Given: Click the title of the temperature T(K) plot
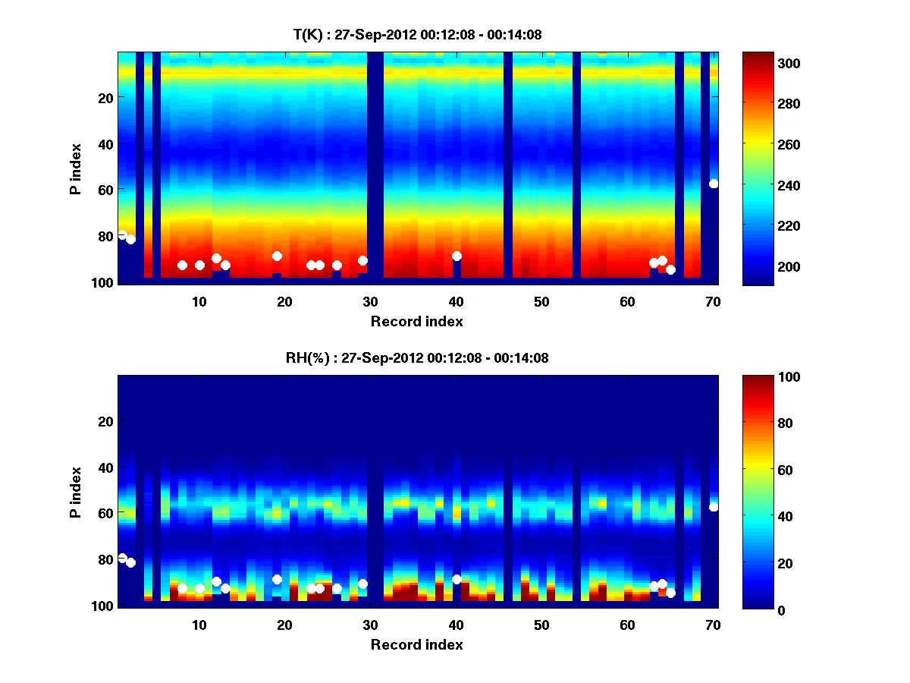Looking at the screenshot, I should pos(417,34).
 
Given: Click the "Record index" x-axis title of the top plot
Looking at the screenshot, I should pos(417,322).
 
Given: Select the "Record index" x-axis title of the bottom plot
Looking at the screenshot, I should pos(417,645).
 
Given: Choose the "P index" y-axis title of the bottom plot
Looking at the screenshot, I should pos(76,491).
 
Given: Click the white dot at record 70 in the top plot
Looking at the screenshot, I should pos(714,184).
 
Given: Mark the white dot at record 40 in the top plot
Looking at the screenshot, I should pos(457,257).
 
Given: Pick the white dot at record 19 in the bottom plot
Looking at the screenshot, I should pos(277,580).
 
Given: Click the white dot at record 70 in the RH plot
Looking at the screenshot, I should pos(714,507).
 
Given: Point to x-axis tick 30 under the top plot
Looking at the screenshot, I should pos(371,302).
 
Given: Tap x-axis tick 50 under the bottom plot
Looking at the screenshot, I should pos(542,625).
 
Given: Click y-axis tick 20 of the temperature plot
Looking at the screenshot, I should pos(105,98).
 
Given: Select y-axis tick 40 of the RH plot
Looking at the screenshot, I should pos(105,467).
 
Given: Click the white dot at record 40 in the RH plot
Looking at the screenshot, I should pos(457,579).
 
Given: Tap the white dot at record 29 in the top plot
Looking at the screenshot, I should pos(362,261).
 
